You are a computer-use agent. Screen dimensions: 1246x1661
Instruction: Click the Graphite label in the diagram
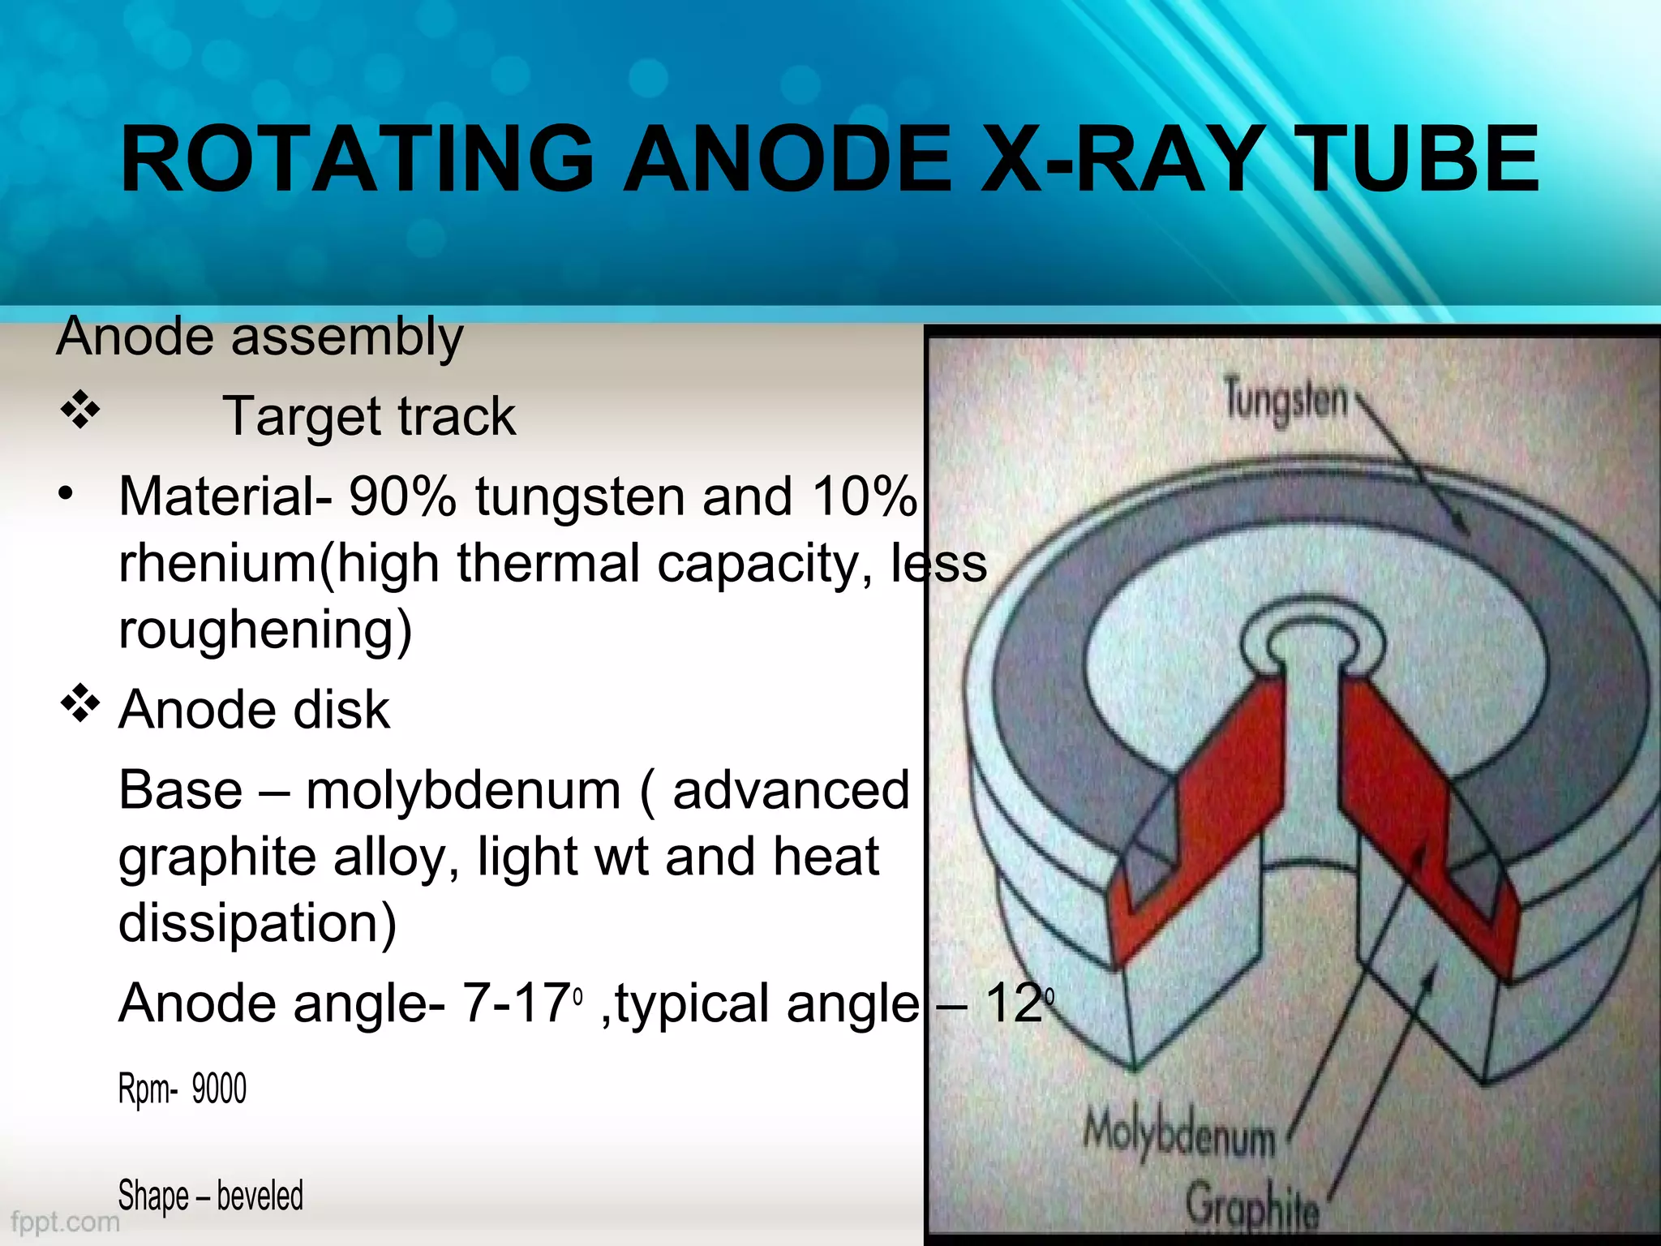click(x=1252, y=1207)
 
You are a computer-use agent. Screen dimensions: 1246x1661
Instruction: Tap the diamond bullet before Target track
click(x=79, y=410)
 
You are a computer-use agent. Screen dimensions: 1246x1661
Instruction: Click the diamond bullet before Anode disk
click(x=79, y=704)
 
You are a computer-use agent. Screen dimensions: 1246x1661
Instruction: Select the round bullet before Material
click(x=67, y=493)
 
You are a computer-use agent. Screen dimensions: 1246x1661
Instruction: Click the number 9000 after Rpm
click(x=219, y=1089)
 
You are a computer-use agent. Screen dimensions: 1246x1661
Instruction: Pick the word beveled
click(x=260, y=1196)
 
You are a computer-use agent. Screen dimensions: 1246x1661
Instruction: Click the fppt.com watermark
click(x=65, y=1221)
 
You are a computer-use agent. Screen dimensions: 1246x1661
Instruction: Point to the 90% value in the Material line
click(x=402, y=496)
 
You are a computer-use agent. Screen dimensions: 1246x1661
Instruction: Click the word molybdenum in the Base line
click(x=463, y=790)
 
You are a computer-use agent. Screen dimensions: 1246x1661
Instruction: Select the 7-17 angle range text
click(x=516, y=1003)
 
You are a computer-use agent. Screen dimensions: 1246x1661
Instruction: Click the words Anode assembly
click(x=260, y=336)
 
